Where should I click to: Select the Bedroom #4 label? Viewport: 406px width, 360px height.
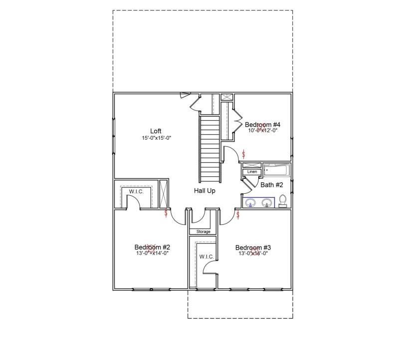tap(262, 124)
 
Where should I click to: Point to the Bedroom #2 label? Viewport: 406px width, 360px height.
tap(152, 247)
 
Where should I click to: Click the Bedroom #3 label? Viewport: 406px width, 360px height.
tap(253, 248)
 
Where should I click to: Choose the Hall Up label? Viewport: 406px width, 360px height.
tap(204, 190)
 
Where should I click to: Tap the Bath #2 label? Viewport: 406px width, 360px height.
tap(272, 185)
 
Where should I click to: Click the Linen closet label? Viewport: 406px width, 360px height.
tap(252, 172)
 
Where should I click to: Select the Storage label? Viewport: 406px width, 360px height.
tap(203, 232)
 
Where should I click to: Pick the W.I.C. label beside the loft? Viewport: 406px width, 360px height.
tap(136, 191)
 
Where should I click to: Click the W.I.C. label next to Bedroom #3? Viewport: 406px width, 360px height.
tap(206, 257)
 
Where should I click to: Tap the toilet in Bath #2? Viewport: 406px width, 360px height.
tap(283, 201)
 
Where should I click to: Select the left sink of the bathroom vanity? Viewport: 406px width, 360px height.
tap(252, 203)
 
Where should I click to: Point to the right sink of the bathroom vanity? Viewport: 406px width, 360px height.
tap(267, 203)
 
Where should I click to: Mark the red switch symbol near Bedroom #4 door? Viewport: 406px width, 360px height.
tap(243, 153)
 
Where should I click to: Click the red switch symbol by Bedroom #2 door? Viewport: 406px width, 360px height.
tap(166, 214)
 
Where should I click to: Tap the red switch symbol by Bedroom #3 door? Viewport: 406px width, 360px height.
tap(238, 215)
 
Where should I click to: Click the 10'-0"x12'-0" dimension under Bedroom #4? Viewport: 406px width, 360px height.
tap(262, 130)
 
